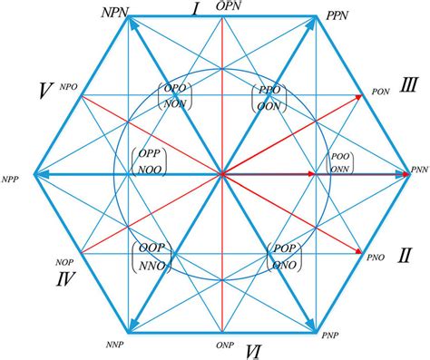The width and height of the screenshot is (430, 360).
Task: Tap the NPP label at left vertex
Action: click(12, 178)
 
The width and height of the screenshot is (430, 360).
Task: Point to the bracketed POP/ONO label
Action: click(288, 254)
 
